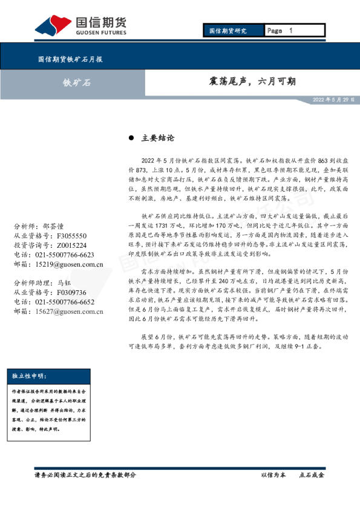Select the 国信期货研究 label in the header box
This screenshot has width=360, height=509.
tap(227, 30)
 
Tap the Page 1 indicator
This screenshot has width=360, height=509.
tap(280, 30)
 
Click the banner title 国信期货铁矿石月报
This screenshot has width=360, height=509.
tap(70, 60)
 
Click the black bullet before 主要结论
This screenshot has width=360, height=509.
tap(131, 138)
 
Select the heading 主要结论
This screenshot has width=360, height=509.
tap(157, 138)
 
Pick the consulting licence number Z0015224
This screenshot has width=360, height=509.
tap(71, 245)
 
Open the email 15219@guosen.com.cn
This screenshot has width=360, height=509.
tap(70, 264)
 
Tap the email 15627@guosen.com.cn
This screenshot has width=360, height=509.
tap(70, 311)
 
